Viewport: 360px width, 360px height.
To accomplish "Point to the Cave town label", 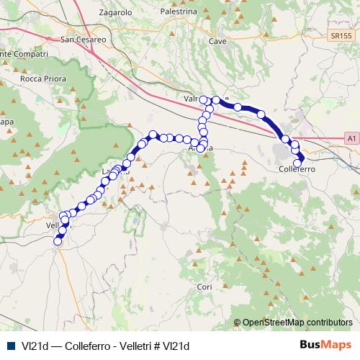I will click(x=217, y=42).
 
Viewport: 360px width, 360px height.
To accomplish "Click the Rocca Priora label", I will click(x=43, y=78).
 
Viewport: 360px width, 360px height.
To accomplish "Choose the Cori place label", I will click(x=204, y=287).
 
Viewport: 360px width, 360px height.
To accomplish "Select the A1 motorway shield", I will click(x=351, y=137).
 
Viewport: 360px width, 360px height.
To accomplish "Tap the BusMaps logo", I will click(x=328, y=344).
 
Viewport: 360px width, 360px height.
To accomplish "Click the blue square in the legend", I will click(x=11, y=345).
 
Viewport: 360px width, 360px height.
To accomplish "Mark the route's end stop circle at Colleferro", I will click(x=297, y=163).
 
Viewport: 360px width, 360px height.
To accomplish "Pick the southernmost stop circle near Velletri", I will click(x=58, y=242).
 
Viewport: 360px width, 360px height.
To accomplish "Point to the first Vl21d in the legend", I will click(x=34, y=345).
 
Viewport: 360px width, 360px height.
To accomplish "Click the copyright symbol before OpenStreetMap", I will click(x=238, y=323).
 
